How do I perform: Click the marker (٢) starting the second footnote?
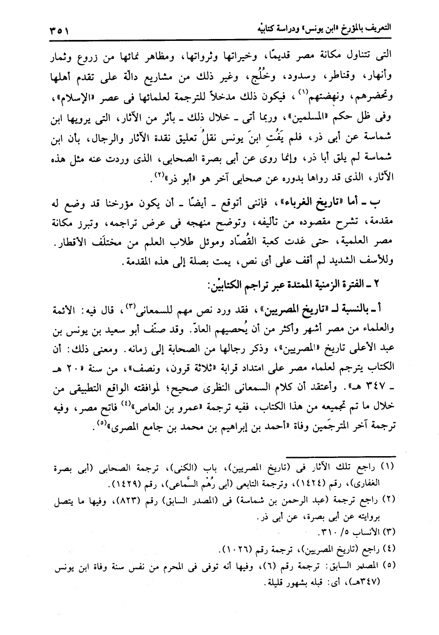[x=388, y=500]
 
